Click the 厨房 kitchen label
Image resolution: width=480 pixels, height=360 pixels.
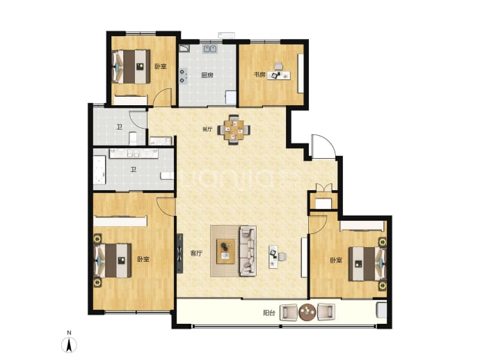click(x=207, y=75)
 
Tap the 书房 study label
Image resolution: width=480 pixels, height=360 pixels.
click(x=259, y=75)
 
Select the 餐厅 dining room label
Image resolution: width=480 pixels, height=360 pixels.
click(x=207, y=130)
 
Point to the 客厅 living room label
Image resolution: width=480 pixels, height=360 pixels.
click(x=196, y=253)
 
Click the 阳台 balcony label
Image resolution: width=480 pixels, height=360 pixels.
click(x=269, y=313)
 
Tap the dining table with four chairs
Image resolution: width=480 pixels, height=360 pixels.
click(x=234, y=130)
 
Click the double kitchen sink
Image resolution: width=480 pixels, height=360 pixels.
click(x=210, y=49)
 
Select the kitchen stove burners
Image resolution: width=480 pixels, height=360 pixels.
click(x=183, y=77)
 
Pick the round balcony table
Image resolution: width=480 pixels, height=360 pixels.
click(x=307, y=312)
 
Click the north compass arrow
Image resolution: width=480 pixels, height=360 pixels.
click(x=70, y=345)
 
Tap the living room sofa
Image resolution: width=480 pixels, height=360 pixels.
click(x=248, y=251)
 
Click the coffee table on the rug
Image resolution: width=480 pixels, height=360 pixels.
click(x=225, y=251)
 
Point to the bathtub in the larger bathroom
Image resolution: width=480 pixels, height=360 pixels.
click(x=99, y=171)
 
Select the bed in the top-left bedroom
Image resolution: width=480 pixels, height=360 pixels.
click(x=131, y=66)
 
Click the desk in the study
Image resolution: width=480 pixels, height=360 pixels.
click(x=279, y=75)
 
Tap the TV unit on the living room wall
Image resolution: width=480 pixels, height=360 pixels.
click(x=180, y=253)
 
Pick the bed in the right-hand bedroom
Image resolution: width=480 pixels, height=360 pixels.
click(x=367, y=264)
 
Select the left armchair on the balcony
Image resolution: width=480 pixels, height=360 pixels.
click(x=289, y=312)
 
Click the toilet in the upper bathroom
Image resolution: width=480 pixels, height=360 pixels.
click(x=133, y=139)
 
